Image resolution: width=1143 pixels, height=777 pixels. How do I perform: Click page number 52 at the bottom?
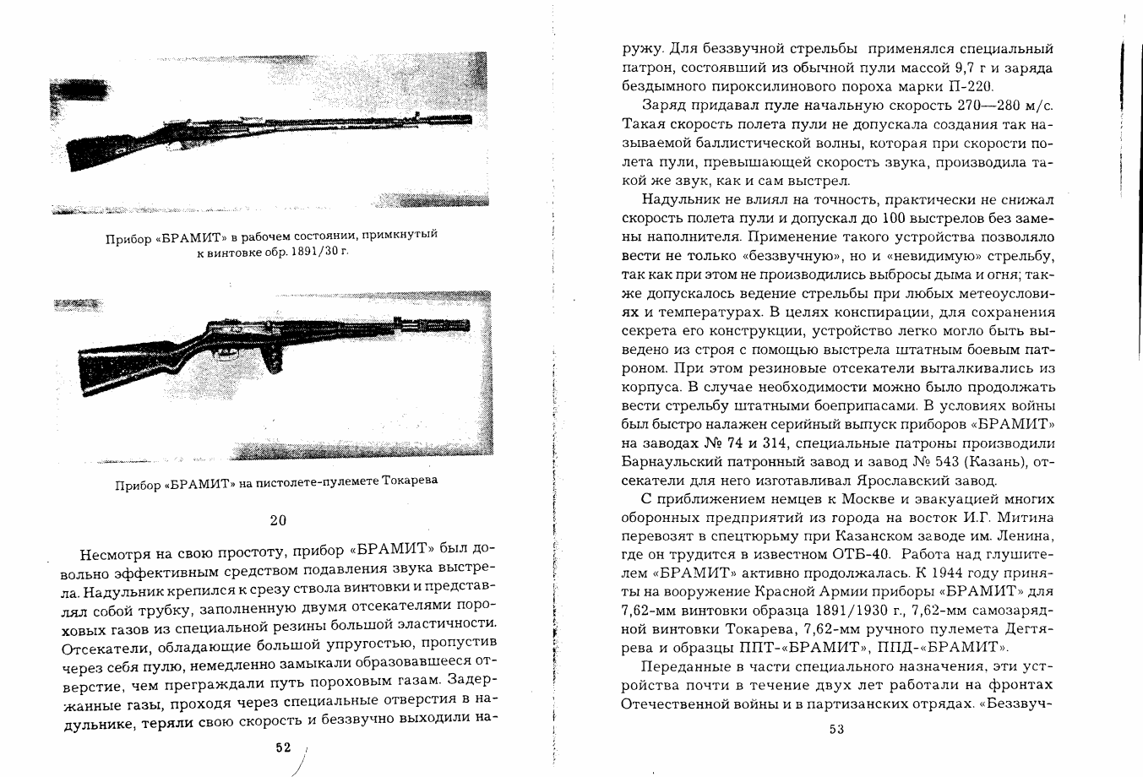(282, 747)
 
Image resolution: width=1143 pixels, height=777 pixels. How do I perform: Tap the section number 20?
(278, 520)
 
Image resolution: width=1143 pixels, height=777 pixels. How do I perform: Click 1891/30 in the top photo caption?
(302, 253)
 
